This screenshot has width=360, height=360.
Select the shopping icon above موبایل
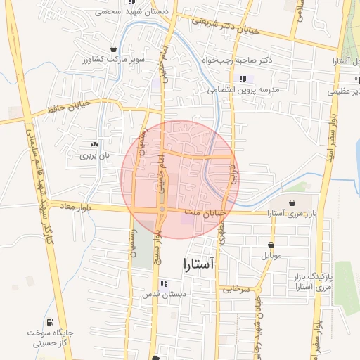pyautogui.click(x=271, y=243)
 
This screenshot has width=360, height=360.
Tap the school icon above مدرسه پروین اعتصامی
pyautogui.click(x=243, y=79)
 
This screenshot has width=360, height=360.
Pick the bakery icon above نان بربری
pyautogui.click(x=95, y=143)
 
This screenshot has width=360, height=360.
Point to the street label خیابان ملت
pyautogui.click(x=205, y=211)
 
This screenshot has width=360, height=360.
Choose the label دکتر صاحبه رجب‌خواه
pyautogui.click(x=237, y=61)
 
